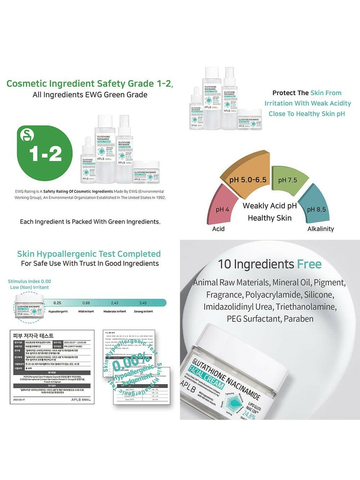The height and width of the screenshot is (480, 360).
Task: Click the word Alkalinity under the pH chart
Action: [x=320, y=229]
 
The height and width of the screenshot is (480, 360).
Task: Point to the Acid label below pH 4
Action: [x=218, y=229]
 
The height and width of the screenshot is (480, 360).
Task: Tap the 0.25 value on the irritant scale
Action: [x=57, y=303]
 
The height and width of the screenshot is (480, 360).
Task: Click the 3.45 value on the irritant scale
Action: [x=143, y=303]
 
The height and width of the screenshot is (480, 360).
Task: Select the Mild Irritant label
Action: [x=86, y=311]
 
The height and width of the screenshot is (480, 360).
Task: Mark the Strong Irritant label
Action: [x=143, y=311]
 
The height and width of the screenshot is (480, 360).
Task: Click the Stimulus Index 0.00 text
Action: [x=30, y=281]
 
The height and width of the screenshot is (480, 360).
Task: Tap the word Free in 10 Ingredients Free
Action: [x=309, y=264]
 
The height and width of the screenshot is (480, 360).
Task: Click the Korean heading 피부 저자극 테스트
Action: [x=33, y=335]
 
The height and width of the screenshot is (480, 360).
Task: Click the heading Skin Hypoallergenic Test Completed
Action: [x=89, y=254]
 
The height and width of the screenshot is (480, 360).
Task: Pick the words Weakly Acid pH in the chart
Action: [x=270, y=206]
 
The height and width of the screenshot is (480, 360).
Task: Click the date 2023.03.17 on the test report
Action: [x=20, y=400]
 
